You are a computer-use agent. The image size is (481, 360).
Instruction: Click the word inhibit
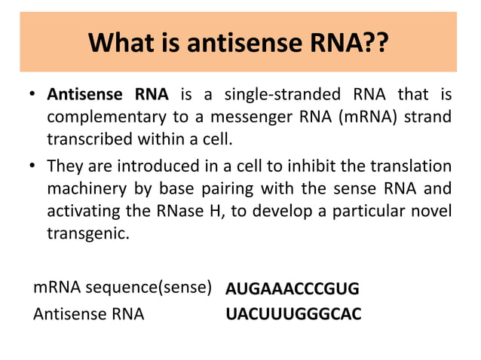coord(320,166)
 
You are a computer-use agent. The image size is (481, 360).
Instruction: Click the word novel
coord(432,212)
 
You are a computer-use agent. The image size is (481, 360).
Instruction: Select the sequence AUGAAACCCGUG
coord(293,289)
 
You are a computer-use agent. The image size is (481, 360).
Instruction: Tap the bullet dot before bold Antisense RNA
coord(34,96)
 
